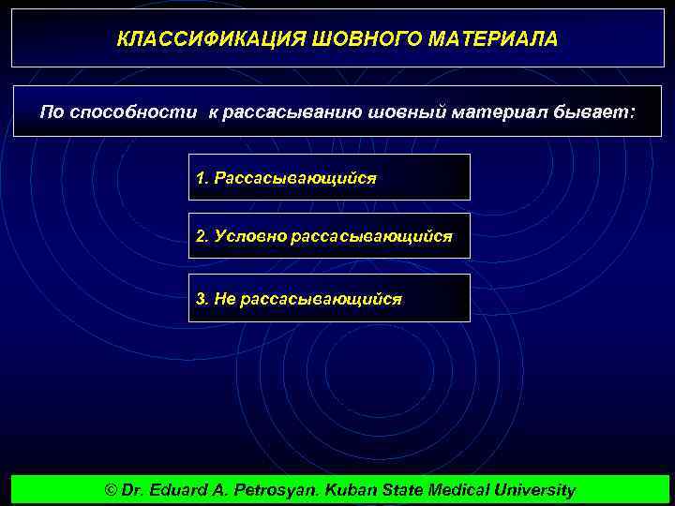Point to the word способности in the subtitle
click(x=131, y=112)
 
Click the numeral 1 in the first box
click(x=201, y=178)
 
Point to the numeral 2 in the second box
click(x=201, y=237)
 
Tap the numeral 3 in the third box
click(x=201, y=298)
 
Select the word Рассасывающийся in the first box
click(x=295, y=178)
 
